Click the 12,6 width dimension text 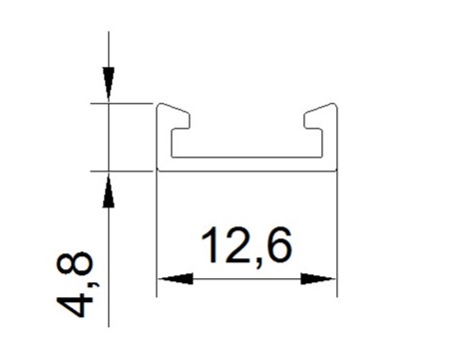246,246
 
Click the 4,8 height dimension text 74,284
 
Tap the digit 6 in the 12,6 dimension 279,245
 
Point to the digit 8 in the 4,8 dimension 74,264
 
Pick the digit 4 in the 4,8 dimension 74,304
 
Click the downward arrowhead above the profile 109,83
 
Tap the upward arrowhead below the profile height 109,191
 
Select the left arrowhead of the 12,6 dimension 176,279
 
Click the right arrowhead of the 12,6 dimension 317,279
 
